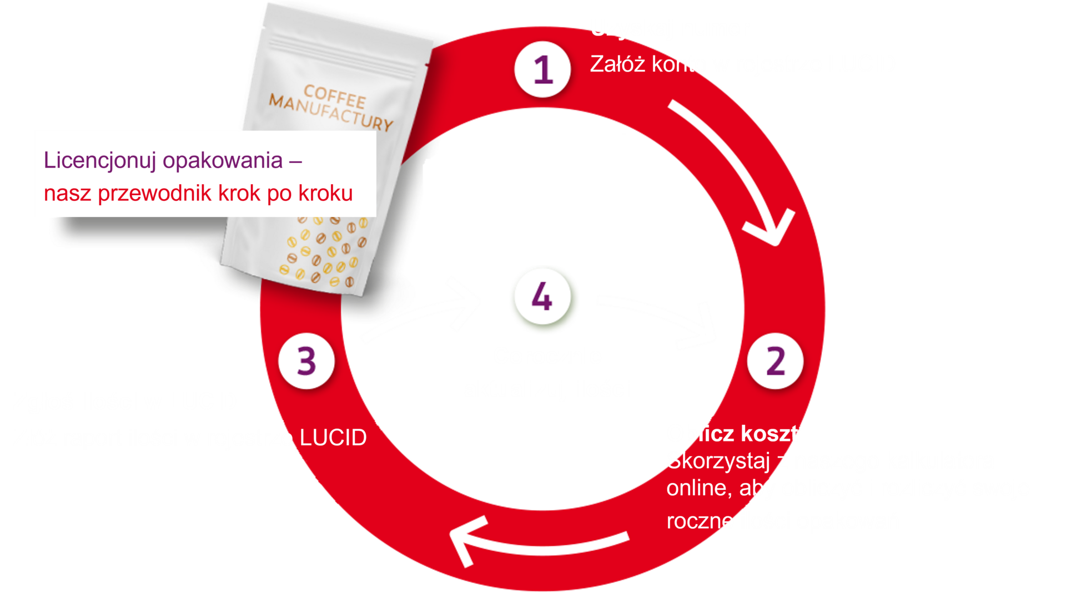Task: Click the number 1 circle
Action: (x=542, y=69)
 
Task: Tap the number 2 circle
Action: (x=775, y=361)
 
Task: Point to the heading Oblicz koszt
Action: (x=732, y=434)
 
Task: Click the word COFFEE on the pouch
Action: (x=335, y=97)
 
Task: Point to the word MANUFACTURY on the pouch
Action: (x=331, y=113)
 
